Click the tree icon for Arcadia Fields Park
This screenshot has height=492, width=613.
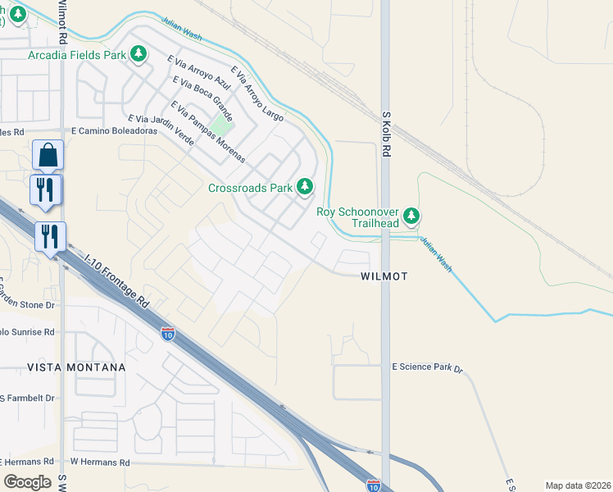[x=139, y=54]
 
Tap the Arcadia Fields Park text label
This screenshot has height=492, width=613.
[x=77, y=55]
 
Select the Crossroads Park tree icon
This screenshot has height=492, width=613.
[x=306, y=187]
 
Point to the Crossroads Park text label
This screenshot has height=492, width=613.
[x=250, y=188]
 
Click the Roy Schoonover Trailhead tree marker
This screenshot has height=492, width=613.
[x=412, y=216]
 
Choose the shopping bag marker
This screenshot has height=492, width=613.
[x=48, y=154]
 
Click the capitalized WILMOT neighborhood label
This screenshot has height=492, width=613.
[x=384, y=277]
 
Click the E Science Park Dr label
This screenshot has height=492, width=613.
[x=428, y=367]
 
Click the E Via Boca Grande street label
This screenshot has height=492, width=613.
[x=203, y=98]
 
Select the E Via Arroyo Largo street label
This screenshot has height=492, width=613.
[x=257, y=94]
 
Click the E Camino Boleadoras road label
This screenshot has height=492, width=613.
[x=114, y=130]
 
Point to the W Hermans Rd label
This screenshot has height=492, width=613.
[x=100, y=462]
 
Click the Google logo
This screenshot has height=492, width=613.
[x=27, y=481]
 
